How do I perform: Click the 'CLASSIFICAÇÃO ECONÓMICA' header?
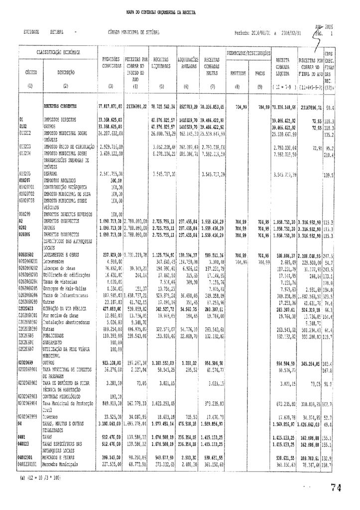click(x=59, y=52)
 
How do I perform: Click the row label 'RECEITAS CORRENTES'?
click(x=62, y=106)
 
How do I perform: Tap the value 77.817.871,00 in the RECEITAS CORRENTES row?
click(x=110, y=106)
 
